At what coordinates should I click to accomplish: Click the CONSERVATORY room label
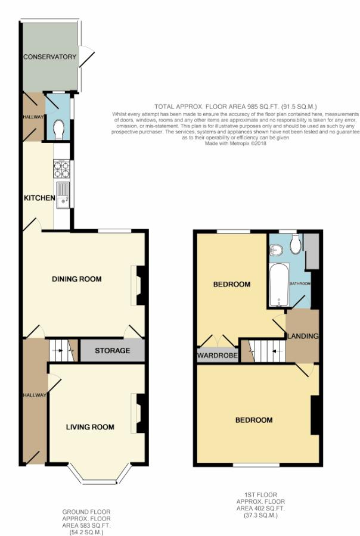coord(49,57)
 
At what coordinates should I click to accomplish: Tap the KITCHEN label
coord(39,198)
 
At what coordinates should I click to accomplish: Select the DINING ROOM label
coord(77,279)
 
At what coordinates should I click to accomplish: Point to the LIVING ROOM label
coord(90,427)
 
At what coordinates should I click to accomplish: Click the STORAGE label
coord(112,351)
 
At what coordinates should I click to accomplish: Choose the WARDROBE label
coord(218,356)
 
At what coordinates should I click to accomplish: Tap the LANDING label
coord(303,336)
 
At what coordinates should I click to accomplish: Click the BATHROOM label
coord(300,283)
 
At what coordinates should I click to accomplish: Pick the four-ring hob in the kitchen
coord(61,170)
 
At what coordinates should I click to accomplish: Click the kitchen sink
coord(63,195)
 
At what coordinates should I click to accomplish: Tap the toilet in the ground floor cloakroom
coord(58,129)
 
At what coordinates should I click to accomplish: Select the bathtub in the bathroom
coord(279,285)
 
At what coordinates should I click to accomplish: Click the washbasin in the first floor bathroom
coord(276,251)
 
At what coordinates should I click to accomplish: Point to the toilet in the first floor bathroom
coord(295,244)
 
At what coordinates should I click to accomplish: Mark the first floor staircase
coord(263,351)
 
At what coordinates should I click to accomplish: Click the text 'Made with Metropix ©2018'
coord(235,144)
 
